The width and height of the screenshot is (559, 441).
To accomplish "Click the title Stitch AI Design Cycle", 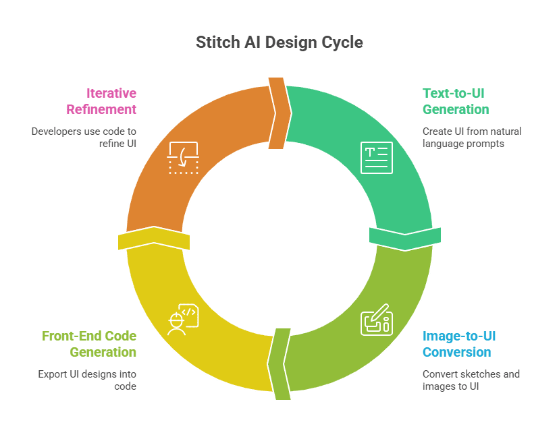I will [279, 42].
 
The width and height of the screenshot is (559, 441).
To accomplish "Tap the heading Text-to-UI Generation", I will [456, 101].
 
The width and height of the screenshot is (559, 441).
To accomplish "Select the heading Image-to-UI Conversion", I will [459, 344].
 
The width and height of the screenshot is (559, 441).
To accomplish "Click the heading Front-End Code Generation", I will [89, 344].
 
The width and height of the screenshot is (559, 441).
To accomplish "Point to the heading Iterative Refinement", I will [101, 101].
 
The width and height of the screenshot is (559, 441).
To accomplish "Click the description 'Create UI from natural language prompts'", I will [471, 137].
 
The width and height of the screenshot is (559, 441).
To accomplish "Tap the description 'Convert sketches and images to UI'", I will [471, 380].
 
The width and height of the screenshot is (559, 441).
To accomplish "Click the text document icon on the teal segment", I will [376, 157].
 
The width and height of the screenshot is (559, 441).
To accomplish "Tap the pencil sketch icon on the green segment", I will [375, 320].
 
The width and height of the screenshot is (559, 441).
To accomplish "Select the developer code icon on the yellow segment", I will [182, 320].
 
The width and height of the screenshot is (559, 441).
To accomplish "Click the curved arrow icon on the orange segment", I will [183, 158].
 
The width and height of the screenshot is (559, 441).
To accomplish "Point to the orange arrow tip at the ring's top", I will [279, 111].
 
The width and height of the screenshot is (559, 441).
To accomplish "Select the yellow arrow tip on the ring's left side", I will [154, 238].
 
